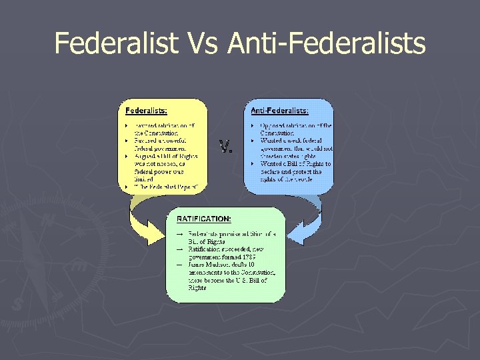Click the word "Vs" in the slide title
click(202, 43)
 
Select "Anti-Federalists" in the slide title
click(326, 43)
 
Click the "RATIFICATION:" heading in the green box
click(204, 218)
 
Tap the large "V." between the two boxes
click(226, 145)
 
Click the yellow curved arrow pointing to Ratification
click(144, 221)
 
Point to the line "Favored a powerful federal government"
click(159, 141)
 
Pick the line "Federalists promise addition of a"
click(230, 234)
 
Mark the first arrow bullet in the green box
click(179, 234)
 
